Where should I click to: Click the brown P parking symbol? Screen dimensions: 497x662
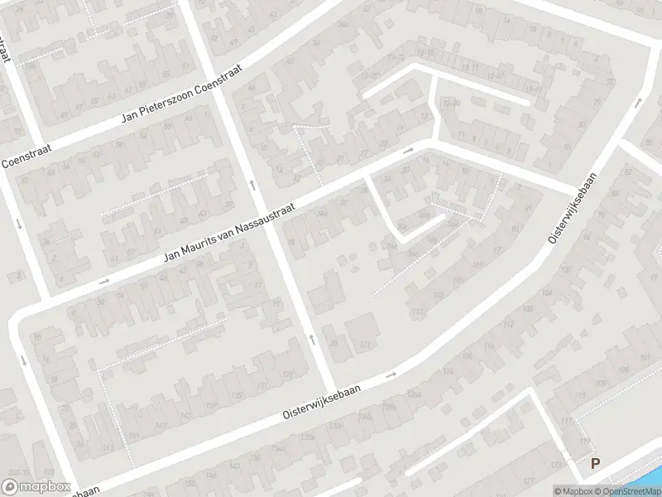click(594, 465)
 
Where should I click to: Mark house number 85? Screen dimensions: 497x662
click(567, 147)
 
